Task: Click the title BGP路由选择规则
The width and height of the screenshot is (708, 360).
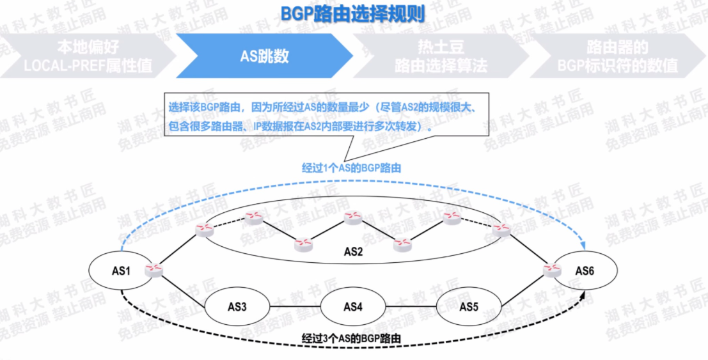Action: pyautogui.click(x=353, y=14)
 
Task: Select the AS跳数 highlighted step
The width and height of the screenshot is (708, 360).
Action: pyautogui.click(x=264, y=56)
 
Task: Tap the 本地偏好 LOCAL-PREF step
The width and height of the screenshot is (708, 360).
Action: pyautogui.click(x=88, y=56)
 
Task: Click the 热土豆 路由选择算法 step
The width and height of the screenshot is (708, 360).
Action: pyautogui.click(x=441, y=56)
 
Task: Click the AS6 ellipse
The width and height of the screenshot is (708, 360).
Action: pyautogui.click(x=587, y=271)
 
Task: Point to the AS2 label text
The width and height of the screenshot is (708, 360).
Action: pyautogui.click(x=353, y=252)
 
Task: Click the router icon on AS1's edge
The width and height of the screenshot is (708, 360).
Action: pyautogui.click(x=153, y=270)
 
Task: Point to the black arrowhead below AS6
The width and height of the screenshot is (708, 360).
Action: pyautogui.click(x=584, y=295)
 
